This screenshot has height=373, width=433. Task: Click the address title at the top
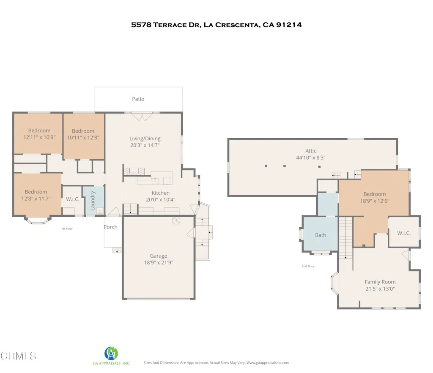point(216,25)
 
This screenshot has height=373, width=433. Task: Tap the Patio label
point(138,99)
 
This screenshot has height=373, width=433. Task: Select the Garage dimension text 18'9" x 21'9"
point(159,262)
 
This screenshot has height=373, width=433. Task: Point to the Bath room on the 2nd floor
point(321,235)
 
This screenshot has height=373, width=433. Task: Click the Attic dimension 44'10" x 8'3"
point(311,158)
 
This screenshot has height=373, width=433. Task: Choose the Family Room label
point(380,282)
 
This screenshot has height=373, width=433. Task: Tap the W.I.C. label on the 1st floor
point(72,199)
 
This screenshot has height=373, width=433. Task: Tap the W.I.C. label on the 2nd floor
point(404,233)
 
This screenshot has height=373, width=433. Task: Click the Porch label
point(111,227)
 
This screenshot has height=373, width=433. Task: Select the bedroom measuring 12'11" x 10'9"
point(39,137)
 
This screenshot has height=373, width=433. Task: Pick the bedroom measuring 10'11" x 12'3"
point(83,137)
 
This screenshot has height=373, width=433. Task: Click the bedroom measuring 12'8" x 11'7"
point(36,198)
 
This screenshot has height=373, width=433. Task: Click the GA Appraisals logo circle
point(111,353)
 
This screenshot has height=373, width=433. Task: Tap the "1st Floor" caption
point(68,229)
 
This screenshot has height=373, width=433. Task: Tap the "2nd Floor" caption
point(308,266)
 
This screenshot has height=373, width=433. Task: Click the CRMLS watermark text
point(19,356)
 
